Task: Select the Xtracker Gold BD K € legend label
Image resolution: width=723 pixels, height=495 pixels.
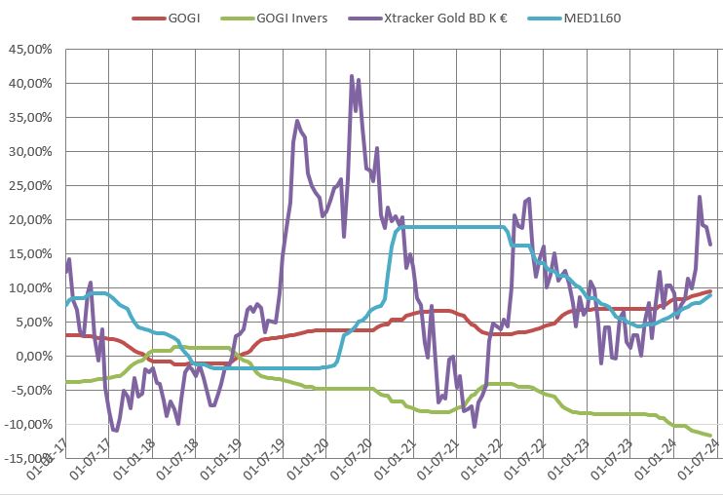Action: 425,18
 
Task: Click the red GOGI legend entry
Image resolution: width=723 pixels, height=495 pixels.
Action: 170,18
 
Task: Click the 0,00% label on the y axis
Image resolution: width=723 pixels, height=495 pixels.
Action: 35,357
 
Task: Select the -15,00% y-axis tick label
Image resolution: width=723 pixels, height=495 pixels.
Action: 30,459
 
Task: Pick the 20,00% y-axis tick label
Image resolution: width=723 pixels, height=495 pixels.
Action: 32,220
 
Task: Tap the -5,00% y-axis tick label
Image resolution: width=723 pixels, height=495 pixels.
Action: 33,391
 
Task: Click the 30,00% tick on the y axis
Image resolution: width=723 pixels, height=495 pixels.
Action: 32,152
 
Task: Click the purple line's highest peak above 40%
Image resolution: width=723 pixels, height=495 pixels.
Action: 352,75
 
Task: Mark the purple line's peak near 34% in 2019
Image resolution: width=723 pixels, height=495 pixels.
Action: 297,121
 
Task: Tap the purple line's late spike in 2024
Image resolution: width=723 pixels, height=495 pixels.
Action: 699,197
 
